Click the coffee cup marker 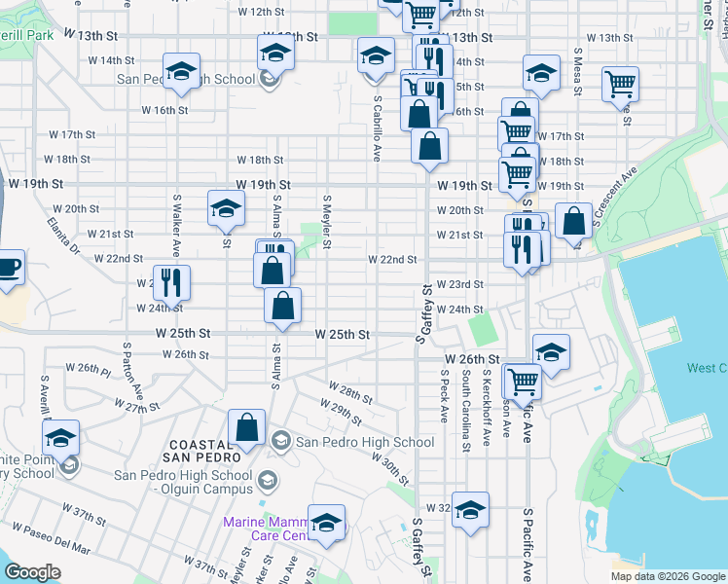pos(8,267)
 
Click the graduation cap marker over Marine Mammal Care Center pos(327,523)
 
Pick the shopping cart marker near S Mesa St pos(620,84)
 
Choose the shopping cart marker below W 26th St pos(523,382)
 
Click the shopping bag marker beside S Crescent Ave pos(574,220)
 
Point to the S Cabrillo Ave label pos(376,121)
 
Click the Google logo pos(33,572)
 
